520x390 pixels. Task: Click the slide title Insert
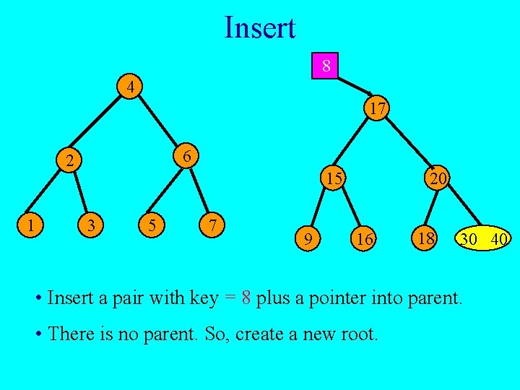(260, 28)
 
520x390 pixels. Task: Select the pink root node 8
(326, 66)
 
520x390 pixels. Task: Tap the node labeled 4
(129, 88)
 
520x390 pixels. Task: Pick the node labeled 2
(69, 160)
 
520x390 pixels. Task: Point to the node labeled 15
(333, 177)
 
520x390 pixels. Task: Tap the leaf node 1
(30, 225)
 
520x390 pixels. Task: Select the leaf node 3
(90, 226)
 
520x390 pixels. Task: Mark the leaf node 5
(151, 225)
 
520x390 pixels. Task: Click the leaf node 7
(212, 225)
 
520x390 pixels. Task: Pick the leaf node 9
(308, 238)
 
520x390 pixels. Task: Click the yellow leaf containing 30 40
(482, 238)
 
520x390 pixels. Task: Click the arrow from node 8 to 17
(355, 87)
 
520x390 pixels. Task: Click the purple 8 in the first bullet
(246, 298)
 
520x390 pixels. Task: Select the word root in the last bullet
(361, 335)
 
